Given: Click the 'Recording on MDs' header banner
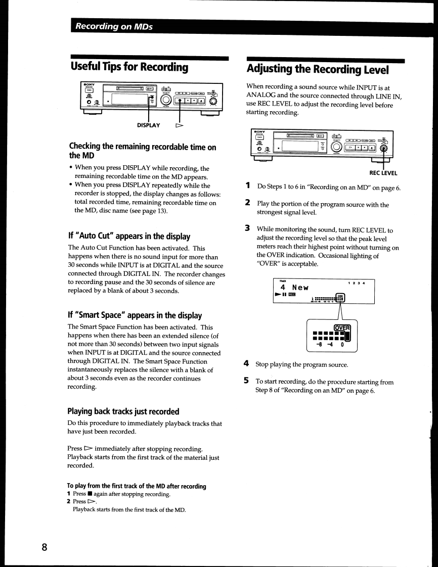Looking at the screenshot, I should [x=112, y=27].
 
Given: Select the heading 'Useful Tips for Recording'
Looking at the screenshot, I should [x=129, y=67].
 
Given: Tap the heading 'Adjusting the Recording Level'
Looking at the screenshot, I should [x=318, y=69].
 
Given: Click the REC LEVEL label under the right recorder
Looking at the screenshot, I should [x=383, y=173].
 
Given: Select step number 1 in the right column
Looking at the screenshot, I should [x=248, y=186].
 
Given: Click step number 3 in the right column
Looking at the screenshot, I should [x=248, y=229].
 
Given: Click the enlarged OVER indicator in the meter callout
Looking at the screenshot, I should [x=342, y=327].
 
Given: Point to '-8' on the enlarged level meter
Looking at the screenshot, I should [x=319, y=346].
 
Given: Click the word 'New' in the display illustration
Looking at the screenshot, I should [x=300, y=288].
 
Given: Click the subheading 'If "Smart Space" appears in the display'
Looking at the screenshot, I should [x=135, y=315].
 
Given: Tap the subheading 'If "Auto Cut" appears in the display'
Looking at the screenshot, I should [x=129, y=235].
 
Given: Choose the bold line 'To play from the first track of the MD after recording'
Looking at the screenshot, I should [x=137, y=486].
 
